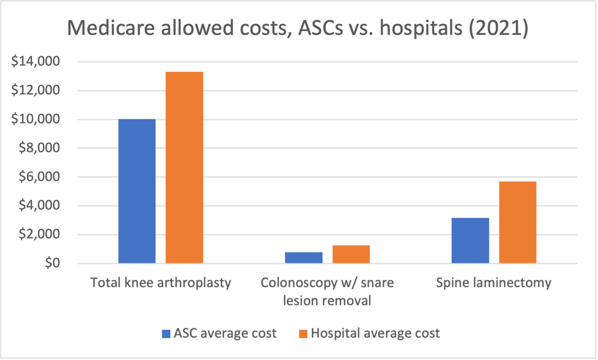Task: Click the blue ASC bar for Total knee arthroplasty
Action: tap(137, 191)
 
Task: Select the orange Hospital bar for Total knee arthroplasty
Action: tap(184, 167)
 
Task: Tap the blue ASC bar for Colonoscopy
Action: tap(304, 258)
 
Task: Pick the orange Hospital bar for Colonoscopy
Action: tap(351, 254)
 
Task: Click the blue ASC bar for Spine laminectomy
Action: tap(470, 240)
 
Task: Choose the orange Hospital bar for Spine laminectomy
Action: tap(517, 222)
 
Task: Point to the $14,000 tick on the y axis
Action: tap(34, 62)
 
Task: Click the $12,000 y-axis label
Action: tap(34, 91)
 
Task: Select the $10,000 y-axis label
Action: tap(34, 120)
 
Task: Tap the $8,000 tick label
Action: tap(37, 148)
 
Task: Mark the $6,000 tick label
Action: tap(37, 177)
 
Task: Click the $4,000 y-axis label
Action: tap(37, 206)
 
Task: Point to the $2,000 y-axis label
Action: tap(37, 235)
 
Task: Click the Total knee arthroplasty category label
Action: tap(161, 283)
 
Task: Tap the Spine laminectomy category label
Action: tap(493, 283)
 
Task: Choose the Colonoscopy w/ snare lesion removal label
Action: tap(327, 291)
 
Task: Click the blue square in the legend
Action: tap(166, 333)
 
